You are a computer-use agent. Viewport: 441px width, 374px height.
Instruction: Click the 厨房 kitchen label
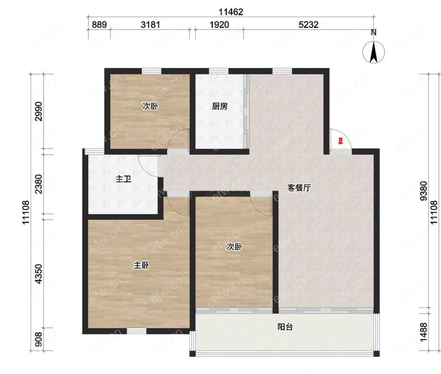click(220, 106)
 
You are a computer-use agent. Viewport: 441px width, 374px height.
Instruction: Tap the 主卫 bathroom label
click(123, 179)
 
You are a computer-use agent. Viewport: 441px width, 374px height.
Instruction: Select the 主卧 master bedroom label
click(141, 265)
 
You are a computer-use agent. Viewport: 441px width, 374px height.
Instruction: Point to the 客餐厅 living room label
click(299, 187)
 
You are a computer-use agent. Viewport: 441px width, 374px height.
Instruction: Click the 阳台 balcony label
click(285, 327)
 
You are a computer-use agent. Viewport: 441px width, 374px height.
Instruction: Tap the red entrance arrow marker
click(340, 141)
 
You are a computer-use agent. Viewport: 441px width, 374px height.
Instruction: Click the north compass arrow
click(374, 52)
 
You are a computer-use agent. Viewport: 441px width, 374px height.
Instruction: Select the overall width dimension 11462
click(231, 12)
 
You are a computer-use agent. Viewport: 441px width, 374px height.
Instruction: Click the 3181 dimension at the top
click(150, 24)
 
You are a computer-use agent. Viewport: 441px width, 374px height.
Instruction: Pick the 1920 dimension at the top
click(219, 24)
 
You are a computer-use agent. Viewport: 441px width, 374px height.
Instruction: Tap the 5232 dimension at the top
click(309, 24)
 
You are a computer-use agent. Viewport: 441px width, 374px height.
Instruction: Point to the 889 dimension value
click(100, 24)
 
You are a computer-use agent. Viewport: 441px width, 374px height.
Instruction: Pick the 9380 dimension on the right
click(423, 191)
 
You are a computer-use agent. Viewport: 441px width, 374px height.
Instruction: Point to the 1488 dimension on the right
click(423, 332)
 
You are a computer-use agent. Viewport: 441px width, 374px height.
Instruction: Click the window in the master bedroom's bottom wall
click(137, 331)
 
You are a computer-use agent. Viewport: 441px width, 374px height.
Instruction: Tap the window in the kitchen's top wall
click(219, 71)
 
